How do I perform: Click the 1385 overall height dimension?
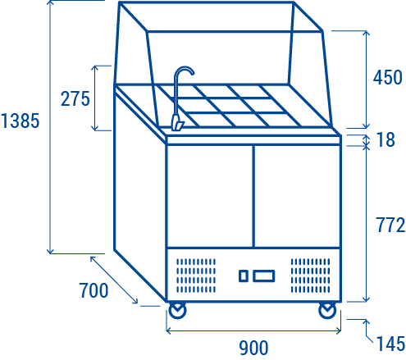click(20, 121)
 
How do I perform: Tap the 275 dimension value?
click(75, 98)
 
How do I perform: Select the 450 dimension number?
click(388, 77)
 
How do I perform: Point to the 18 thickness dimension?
click(385, 139)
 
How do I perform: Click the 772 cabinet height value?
click(390, 225)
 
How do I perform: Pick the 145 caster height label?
click(390, 344)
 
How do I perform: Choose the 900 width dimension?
click(253, 348)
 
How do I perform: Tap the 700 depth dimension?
click(94, 290)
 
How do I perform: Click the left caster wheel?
click(177, 311)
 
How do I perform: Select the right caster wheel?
click(327, 311)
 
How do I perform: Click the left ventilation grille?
click(196, 276)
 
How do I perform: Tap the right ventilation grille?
click(310, 276)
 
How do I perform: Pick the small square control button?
click(244, 276)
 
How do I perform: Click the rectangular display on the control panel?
click(264, 276)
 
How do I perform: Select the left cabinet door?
click(210, 196)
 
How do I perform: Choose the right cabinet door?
click(298, 196)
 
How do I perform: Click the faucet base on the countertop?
click(177, 123)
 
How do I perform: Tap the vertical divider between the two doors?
click(253, 196)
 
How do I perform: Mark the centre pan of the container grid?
click(229, 105)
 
